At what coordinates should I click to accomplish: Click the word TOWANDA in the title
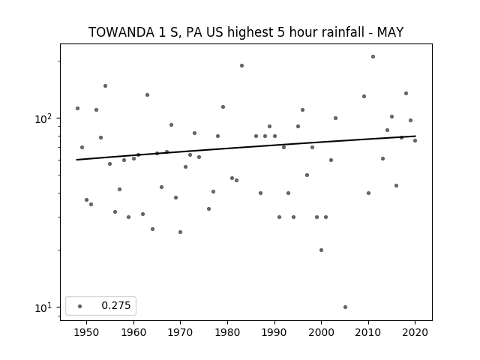pos(121,32)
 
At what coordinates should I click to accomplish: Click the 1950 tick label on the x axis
pos(87,332)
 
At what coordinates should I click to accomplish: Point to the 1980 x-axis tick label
pos(227,332)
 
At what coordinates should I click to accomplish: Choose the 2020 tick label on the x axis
pos(415,332)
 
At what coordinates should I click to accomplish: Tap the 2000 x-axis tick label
pos(321,332)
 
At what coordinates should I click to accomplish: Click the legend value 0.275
pos(116,305)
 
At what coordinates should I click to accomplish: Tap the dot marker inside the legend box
pos(79,306)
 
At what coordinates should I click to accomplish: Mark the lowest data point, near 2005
pos(345,307)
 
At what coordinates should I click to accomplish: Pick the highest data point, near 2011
pos(373,57)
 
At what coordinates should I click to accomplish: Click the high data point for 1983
pos(241,65)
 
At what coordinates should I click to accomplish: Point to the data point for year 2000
pos(322,250)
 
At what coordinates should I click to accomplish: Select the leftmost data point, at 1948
pos(77,108)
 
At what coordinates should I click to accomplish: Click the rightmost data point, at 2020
pos(415,140)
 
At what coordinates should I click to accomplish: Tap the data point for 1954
pos(105,85)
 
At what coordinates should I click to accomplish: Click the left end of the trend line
pos(76,160)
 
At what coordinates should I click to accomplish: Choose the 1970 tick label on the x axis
pos(181,332)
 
